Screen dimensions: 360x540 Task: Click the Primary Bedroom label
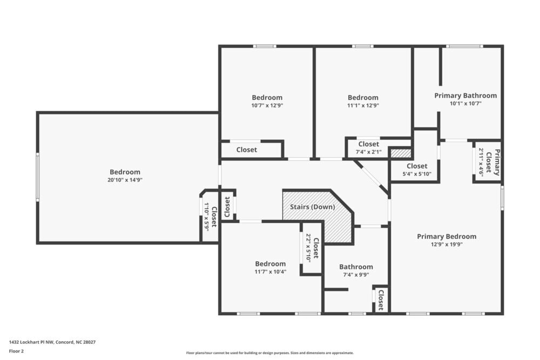coord(447,236)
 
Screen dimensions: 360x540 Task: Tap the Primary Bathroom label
coord(465,96)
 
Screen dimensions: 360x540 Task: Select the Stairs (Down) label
coord(313,207)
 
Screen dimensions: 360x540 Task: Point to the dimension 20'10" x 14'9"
coord(125,180)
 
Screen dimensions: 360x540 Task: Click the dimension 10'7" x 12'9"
coord(267,106)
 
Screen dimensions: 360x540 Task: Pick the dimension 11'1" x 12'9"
coord(363,106)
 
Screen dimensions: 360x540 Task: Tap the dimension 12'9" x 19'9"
coord(447,244)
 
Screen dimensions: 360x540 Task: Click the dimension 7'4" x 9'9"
coord(356,275)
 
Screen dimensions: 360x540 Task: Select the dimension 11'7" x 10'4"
coord(270,272)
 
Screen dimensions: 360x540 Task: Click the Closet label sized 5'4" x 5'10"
coord(417,166)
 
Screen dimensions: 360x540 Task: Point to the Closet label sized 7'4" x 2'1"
coord(369,144)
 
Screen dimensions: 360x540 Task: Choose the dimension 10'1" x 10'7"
coord(465,104)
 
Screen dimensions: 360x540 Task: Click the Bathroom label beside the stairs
coord(356,267)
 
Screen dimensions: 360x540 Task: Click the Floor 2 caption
coord(17,351)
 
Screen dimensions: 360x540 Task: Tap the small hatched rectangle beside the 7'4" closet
coord(400,153)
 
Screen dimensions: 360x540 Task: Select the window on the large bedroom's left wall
coord(37,177)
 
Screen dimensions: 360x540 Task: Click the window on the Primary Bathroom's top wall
coord(464,46)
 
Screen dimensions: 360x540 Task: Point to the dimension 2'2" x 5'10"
coord(308,247)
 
